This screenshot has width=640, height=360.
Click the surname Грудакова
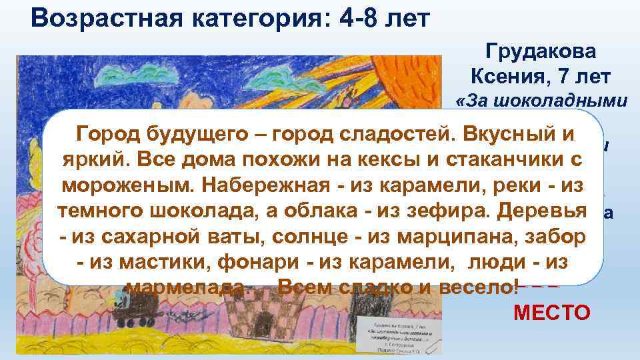tap(542, 52)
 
